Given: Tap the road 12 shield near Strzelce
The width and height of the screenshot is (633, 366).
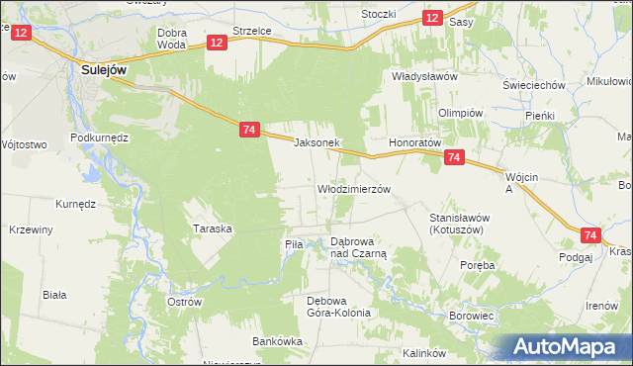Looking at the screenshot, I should (218, 42).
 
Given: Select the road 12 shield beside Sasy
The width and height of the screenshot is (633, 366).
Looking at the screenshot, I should (431, 18).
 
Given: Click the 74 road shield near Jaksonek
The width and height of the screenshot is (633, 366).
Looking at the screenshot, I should (249, 130).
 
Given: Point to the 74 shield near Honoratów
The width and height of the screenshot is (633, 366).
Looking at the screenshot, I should (454, 157).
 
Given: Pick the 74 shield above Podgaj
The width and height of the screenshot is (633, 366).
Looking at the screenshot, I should (590, 235).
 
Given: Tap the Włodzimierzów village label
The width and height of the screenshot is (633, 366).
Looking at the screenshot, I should (354, 188).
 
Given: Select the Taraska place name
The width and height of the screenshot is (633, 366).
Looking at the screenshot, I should (212, 229).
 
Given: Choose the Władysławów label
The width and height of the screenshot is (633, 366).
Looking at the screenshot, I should (423, 76).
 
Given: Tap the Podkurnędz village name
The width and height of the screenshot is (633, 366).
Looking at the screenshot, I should (100, 137).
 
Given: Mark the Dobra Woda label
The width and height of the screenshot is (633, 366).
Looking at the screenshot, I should (172, 38).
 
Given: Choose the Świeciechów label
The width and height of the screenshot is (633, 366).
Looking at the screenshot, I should (533, 85).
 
